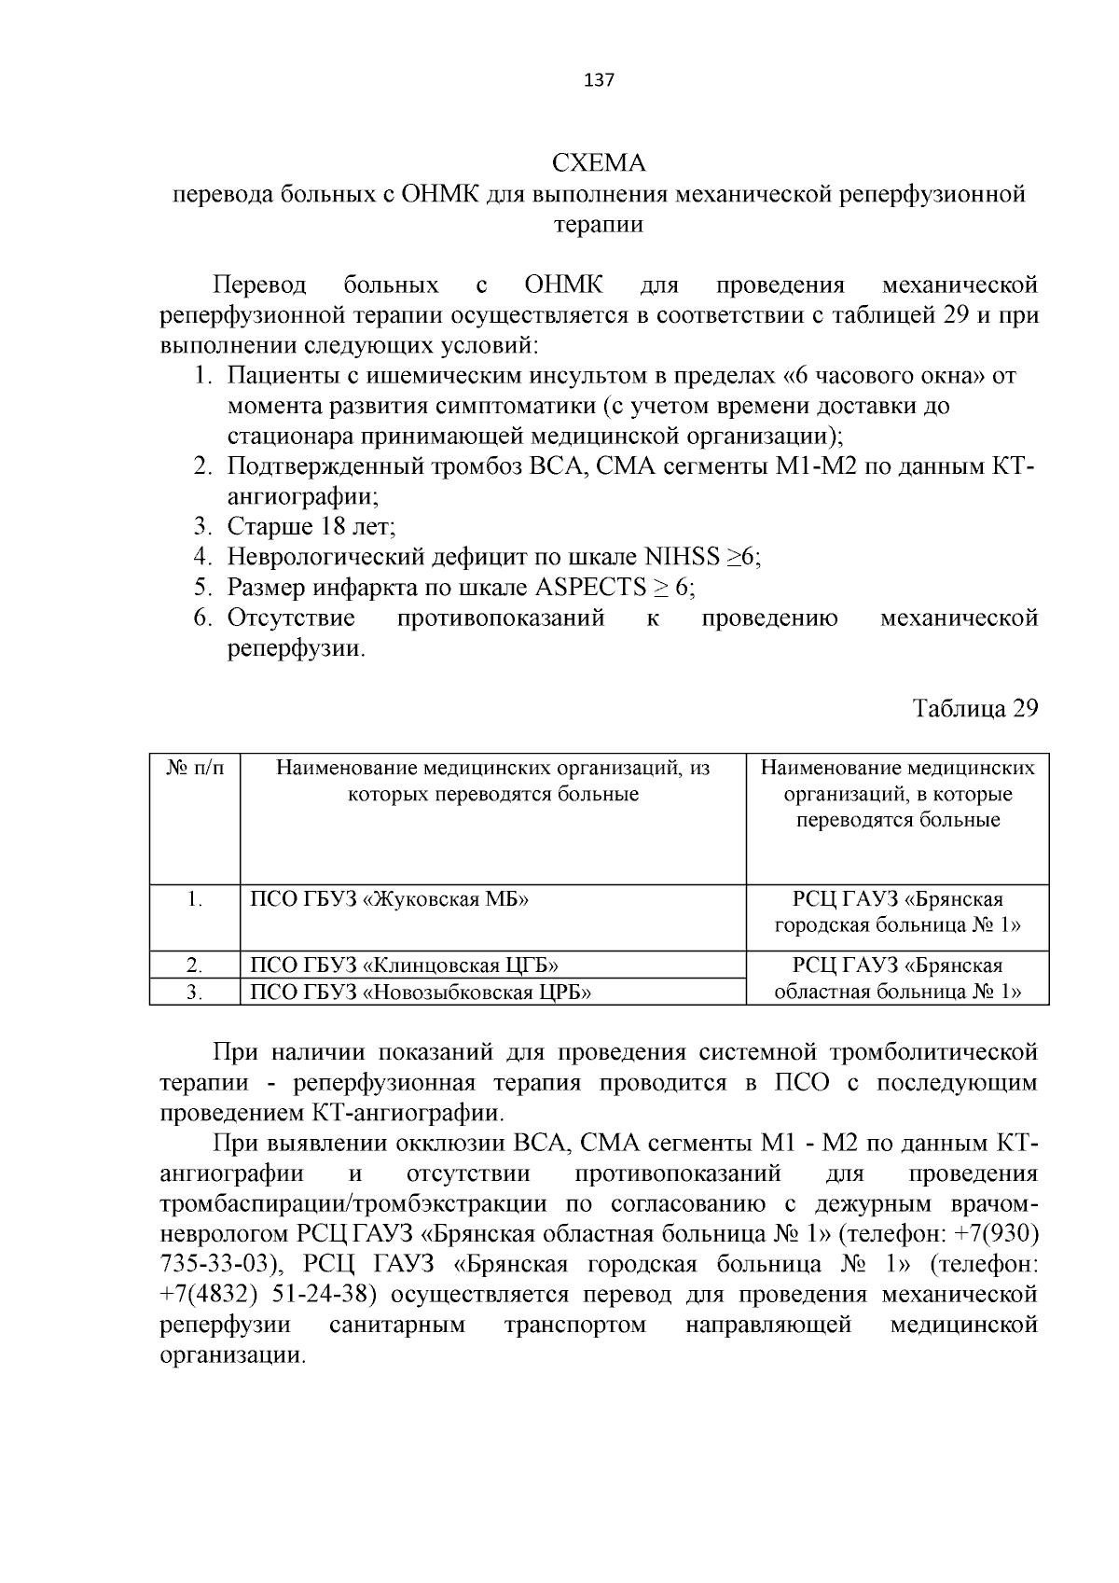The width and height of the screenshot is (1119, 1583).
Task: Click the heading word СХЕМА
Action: coord(599,163)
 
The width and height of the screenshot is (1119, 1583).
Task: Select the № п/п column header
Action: coord(195,769)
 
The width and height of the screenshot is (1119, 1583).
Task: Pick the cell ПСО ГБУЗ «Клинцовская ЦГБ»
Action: coord(406,965)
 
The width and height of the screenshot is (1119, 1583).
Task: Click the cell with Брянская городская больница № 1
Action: coord(897,912)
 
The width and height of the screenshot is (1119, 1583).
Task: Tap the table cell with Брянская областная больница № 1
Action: coord(897,978)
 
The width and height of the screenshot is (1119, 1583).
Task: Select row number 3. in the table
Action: coord(194,992)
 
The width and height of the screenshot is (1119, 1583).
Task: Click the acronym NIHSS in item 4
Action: coord(682,557)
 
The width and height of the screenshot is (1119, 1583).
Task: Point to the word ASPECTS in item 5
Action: coord(591,588)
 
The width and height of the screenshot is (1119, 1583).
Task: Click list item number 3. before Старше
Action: coord(204,527)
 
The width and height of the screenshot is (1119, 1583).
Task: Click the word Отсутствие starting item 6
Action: coord(291,618)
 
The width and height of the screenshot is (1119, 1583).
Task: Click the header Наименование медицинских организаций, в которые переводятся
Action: coord(897,794)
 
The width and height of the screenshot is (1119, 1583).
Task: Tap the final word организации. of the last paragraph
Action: coord(232,1354)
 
